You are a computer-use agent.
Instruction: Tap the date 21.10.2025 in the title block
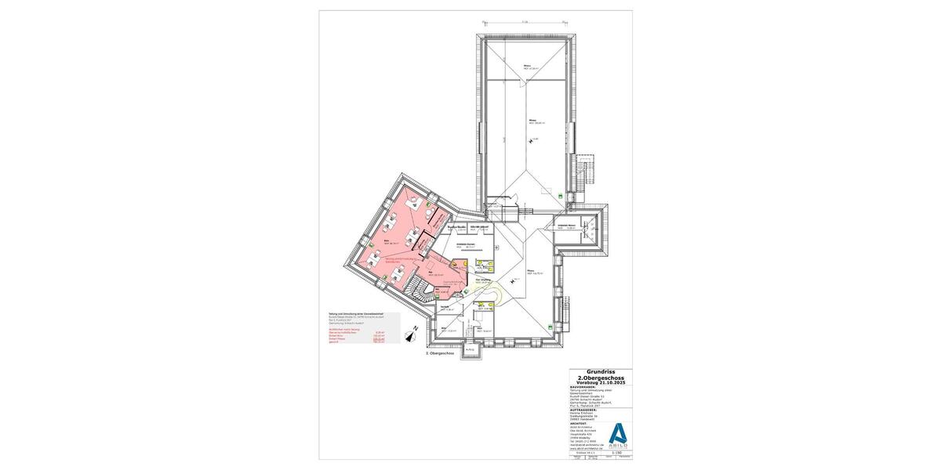[x=609, y=381]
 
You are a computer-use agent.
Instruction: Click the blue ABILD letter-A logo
[x=619, y=434]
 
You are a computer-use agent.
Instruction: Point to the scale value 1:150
[x=616, y=452]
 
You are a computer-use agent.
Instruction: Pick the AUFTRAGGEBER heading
[x=585, y=409]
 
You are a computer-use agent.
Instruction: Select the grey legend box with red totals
[x=363, y=327]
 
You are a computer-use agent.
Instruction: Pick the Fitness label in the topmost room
[x=528, y=65]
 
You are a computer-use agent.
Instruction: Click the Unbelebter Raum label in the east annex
[x=567, y=226]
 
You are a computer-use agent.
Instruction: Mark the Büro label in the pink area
[x=387, y=242]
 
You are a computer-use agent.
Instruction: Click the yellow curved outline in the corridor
[x=493, y=295]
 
